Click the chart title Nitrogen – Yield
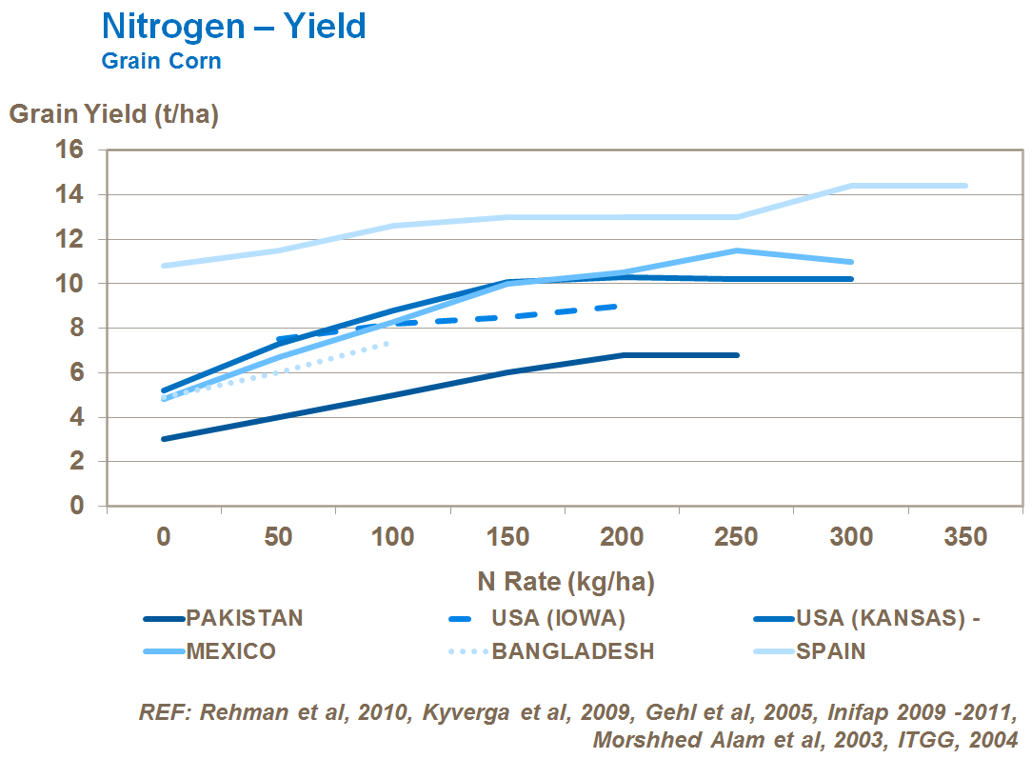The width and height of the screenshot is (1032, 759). tap(233, 26)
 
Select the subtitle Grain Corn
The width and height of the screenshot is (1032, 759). tap(161, 61)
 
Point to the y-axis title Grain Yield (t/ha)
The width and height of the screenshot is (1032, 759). tap(113, 114)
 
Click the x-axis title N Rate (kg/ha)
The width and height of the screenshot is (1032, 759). tap(566, 581)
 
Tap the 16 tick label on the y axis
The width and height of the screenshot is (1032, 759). tap(73, 150)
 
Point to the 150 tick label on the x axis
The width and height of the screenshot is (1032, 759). tap(507, 537)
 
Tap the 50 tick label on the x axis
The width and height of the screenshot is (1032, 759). tap(278, 537)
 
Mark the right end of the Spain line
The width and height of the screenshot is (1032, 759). tap(965, 186)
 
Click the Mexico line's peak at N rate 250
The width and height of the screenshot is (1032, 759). tap(737, 250)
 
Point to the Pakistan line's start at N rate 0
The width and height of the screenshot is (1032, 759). tap(164, 439)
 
